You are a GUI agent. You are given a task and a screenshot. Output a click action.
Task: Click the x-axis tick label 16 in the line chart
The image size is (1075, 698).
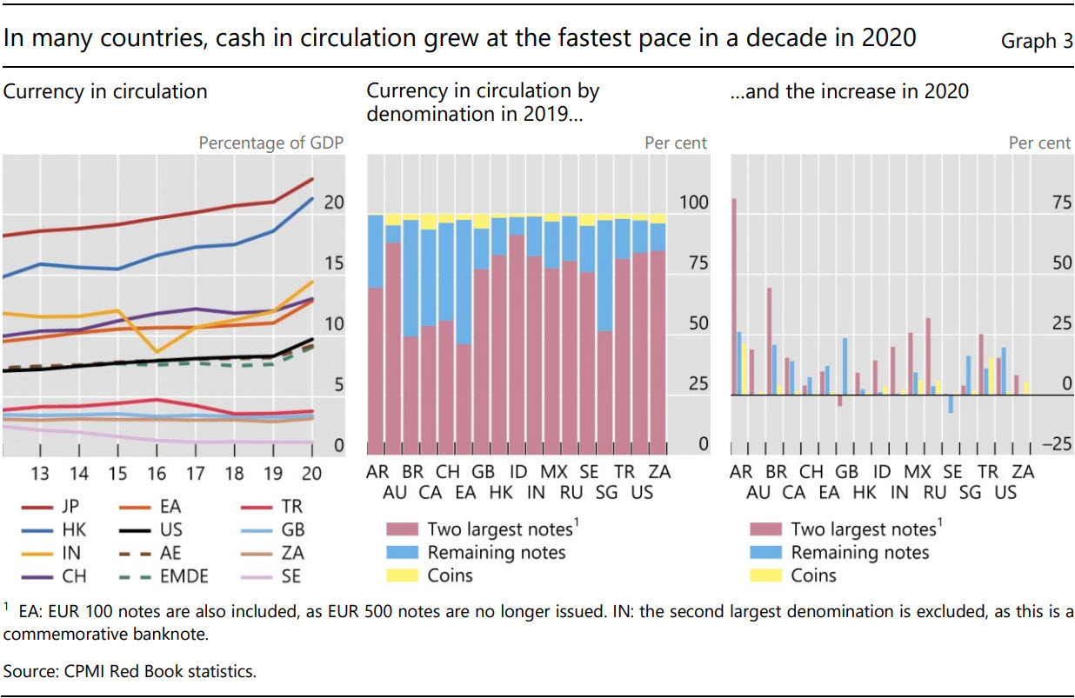157,474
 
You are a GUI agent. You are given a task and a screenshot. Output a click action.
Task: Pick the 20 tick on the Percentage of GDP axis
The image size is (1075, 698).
333,203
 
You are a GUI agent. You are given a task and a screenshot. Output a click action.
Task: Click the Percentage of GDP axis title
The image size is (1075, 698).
270,143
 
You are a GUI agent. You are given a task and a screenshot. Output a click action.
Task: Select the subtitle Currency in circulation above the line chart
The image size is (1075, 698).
105,91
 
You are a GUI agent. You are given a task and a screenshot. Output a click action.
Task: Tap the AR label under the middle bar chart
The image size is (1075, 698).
377,472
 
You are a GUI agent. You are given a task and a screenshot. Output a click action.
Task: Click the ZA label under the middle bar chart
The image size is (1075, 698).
660,472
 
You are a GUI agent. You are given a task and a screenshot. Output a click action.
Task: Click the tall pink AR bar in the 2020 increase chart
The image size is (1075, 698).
734,296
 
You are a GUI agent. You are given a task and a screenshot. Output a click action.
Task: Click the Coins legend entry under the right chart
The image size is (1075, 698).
813,575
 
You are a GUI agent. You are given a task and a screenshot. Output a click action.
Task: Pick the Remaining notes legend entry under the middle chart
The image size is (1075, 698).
496,553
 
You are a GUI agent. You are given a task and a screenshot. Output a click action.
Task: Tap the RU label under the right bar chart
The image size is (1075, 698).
935,492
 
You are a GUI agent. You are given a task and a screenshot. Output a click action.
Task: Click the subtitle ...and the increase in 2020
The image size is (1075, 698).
849,91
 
